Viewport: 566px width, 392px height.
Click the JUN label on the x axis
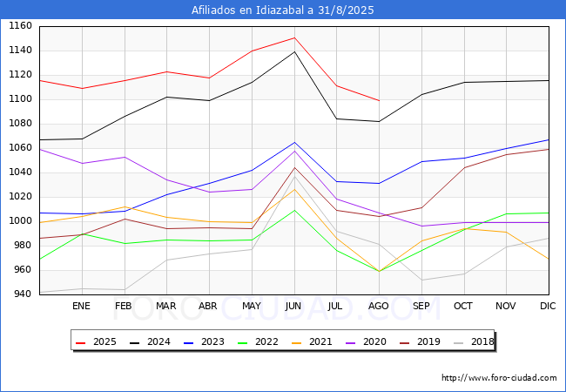pos(294,306)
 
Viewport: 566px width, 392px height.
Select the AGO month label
pos(379,306)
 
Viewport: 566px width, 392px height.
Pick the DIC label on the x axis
pos(548,306)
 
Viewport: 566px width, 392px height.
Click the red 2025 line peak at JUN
pos(294,37)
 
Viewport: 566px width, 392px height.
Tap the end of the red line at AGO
pos(379,101)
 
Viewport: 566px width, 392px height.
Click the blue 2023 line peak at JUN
pos(294,143)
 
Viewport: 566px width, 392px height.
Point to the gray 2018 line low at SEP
pos(421,280)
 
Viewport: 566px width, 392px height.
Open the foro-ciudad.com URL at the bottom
pos(499,378)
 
